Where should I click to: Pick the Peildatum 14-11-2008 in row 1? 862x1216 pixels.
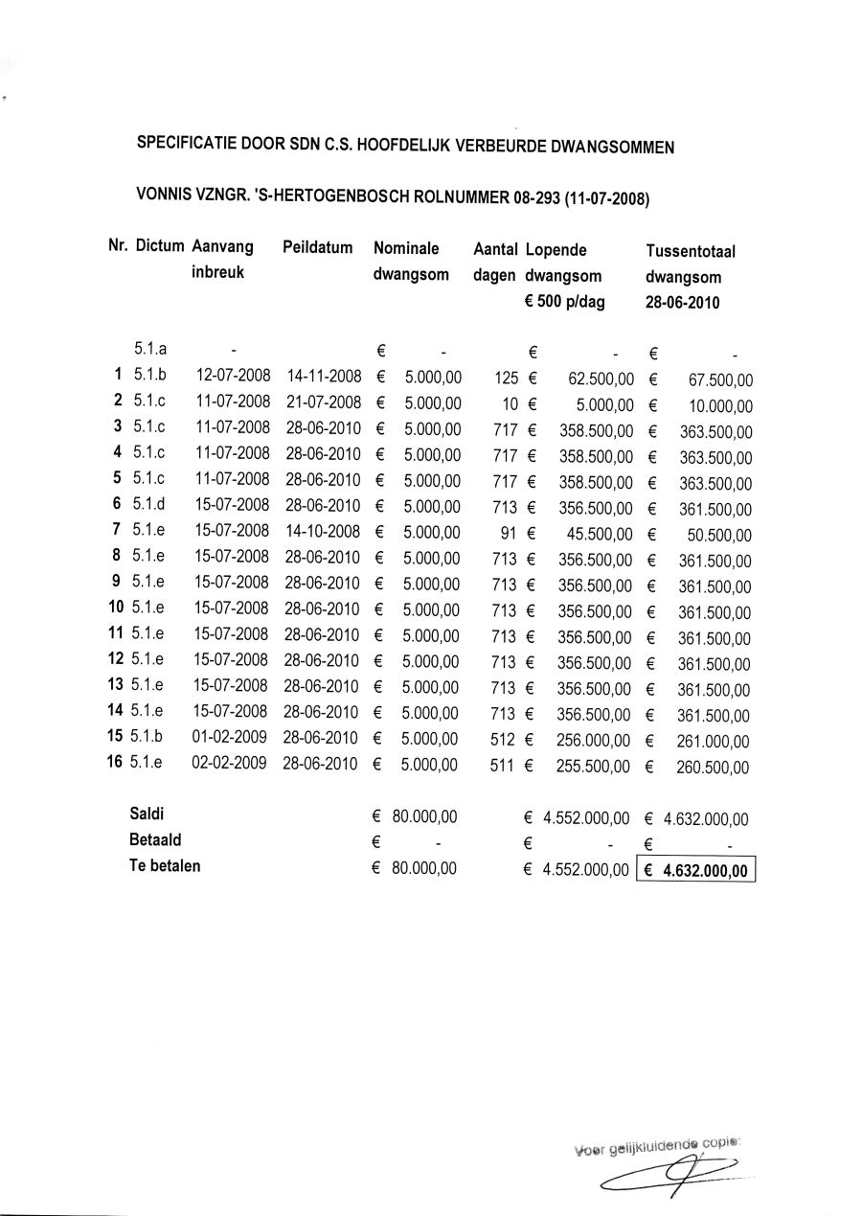coord(323,376)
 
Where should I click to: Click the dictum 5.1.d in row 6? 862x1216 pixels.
coord(149,505)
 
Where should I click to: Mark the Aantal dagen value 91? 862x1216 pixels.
coord(509,532)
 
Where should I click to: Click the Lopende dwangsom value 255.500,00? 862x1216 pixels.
coord(594,767)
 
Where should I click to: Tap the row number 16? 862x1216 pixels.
coord(115,764)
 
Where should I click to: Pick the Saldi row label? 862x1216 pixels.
coord(146,815)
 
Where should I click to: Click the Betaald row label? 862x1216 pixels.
coord(155,840)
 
